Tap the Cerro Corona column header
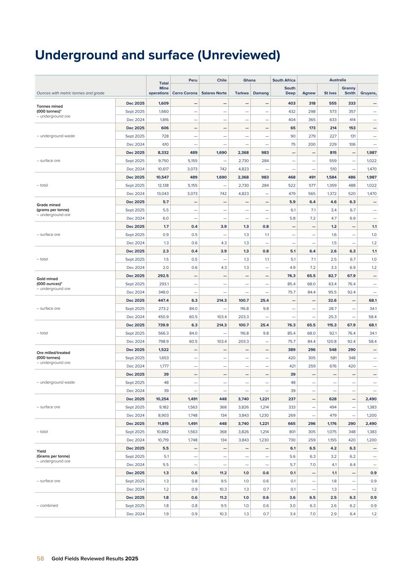[x=185, y=93]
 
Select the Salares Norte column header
[x=214, y=93]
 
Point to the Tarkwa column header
[x=242, y=93]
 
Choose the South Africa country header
[x=284, y=80]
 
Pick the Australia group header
[x=338, y=80]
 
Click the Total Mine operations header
[x=159, y=88]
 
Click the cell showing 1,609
[x=163, y=103]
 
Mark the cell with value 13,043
[x=163, y=194]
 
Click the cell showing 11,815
[x=163, y=424]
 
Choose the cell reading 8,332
[x=163, y=153]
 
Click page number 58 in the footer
[x=40, y=558]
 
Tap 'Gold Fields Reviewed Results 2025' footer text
[x=95, y=558]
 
